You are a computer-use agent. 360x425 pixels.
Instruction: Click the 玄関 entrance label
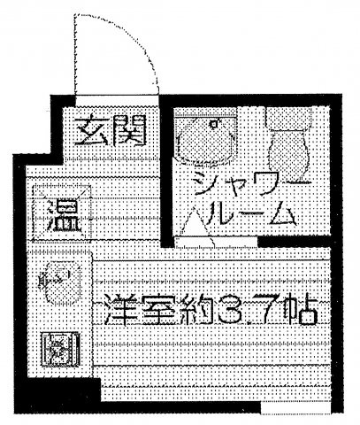pos(110,131)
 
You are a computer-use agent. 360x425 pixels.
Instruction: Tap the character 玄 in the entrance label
pos(91,132)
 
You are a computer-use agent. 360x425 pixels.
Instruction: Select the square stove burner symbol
pos(60,350)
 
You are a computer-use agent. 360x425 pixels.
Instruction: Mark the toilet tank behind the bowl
pos(288,118)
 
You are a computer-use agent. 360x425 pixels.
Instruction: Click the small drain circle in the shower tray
pos(215,124)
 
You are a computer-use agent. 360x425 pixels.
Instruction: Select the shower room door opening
pos(216,242)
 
